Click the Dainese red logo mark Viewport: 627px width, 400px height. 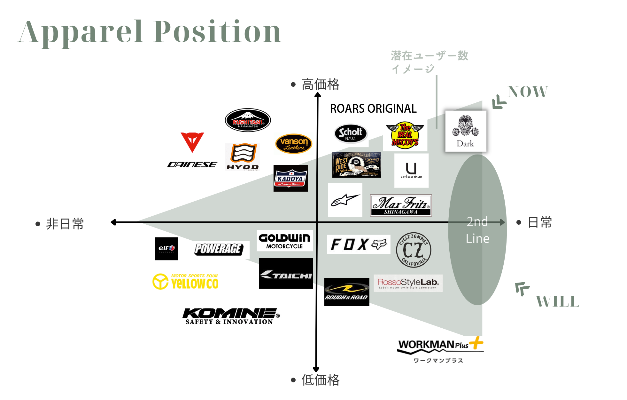pos(192,142)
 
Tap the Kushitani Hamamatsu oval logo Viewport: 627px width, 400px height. pos(248,120)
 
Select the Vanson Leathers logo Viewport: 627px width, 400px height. pos(293,144)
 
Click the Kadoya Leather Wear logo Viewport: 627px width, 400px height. pos(290,179)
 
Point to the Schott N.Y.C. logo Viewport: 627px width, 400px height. pos(351,133)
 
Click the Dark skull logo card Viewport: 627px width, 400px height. pos(466,131)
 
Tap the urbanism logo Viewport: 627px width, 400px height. pos(411,171)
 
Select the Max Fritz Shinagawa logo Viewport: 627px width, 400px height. pos(401,205)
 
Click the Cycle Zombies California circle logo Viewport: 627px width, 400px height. pos(414,250)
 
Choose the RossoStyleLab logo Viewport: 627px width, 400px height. pos(408,283)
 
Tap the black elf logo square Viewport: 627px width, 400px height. pos(166,249)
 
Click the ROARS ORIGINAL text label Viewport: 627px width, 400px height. pos(373,108)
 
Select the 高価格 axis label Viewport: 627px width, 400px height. pos(320,84)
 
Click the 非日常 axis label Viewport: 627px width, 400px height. pos(65,224)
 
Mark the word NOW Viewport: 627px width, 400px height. pos(528,92)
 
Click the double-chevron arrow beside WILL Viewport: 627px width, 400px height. pos(522,289)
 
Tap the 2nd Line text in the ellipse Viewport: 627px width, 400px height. pos(477,230)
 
